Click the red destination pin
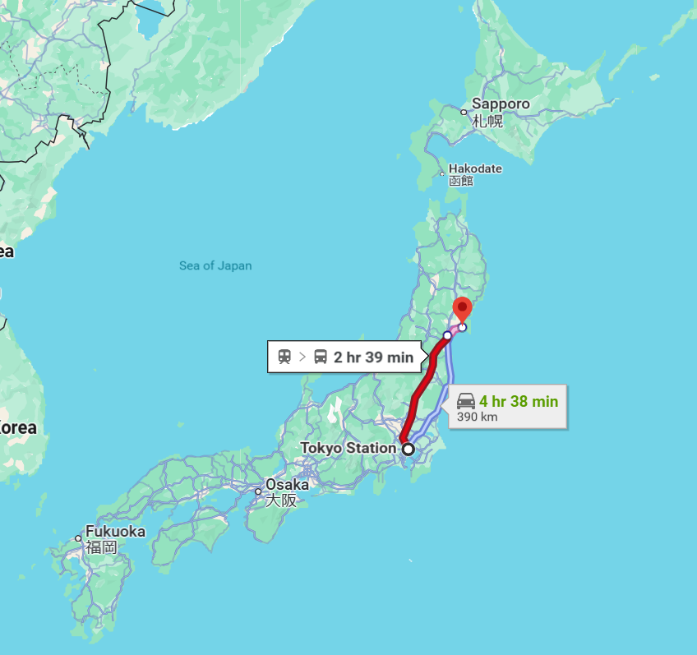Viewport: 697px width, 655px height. [462, 310]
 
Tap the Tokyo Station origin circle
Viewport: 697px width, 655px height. [408, 449]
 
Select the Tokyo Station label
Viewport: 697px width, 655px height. [348, 448]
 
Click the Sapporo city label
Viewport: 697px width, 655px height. [501, 104]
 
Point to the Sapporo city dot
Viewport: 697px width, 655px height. [464, 112]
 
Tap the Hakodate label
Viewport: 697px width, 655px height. [475, 168]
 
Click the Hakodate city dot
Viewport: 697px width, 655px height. [442, 174]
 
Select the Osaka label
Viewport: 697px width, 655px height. [287, 484]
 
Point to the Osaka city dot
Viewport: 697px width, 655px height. [258, 492]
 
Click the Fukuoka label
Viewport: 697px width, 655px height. [115, 532]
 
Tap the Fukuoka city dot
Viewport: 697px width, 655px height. [79, 539]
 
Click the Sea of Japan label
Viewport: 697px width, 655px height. [215, 265]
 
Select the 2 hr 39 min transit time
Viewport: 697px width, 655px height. [373, 357]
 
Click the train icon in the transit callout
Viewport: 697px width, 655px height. [284, 357]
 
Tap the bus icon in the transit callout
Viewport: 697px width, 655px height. [321, 357]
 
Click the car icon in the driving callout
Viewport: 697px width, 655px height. [465, 401]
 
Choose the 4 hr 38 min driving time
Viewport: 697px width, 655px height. [519, 401]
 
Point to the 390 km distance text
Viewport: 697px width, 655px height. [477, 417]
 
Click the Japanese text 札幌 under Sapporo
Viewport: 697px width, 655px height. [487, 121]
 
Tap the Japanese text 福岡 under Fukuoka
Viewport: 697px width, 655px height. [102, 547]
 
